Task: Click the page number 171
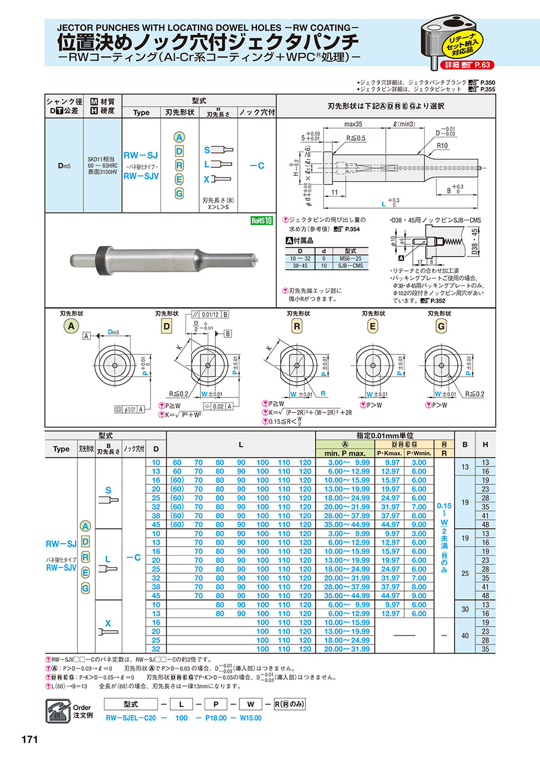coord(30,739)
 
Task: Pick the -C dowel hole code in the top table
coord(257,166)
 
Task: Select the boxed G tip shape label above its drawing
coord(442,326)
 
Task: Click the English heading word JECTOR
coord(78,28)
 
